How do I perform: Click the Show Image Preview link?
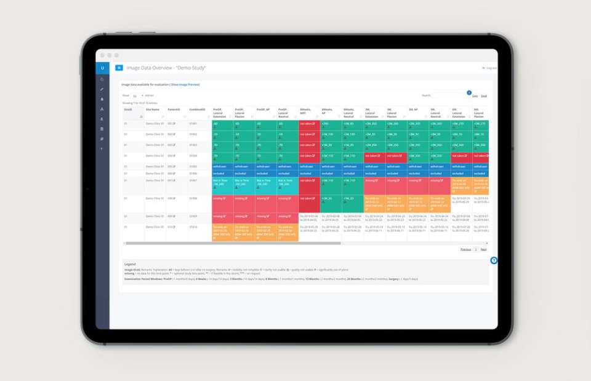coord(185,84)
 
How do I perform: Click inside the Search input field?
coord(449,95)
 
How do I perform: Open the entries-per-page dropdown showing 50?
coord(137,95)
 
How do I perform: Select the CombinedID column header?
coord(198,110)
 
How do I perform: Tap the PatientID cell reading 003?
coord(171,145)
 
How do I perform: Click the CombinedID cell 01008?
coord(193,199)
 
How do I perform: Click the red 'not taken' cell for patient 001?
coord(308,124)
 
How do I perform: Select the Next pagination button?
coord(484,249)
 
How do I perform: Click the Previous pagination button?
coord(465,249)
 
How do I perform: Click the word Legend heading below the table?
coord(130,263)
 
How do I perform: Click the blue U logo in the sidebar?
coord(102,68)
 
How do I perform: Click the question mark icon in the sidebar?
coord(102,149)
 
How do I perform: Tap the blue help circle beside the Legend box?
coord(493,260)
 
